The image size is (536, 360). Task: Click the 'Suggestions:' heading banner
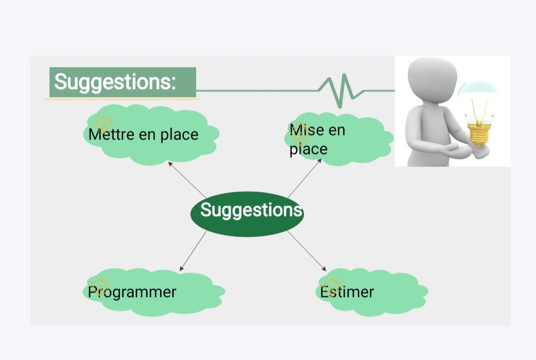[122, 82]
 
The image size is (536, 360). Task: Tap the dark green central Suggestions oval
[247, 214]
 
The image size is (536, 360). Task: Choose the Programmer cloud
[153, 292]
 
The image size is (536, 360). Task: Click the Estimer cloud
[372, 292]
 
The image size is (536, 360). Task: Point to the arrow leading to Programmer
[193, 251]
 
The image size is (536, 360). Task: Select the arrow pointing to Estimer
[307, 251]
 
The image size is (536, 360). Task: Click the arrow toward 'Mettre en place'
[187, 180]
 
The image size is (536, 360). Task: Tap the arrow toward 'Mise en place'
[305, 178]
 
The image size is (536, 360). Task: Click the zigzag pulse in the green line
[340, 91]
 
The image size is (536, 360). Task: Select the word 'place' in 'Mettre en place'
[180, 135]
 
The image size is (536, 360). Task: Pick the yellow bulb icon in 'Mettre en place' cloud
[104, 123]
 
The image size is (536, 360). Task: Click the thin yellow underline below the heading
[122, 99]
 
